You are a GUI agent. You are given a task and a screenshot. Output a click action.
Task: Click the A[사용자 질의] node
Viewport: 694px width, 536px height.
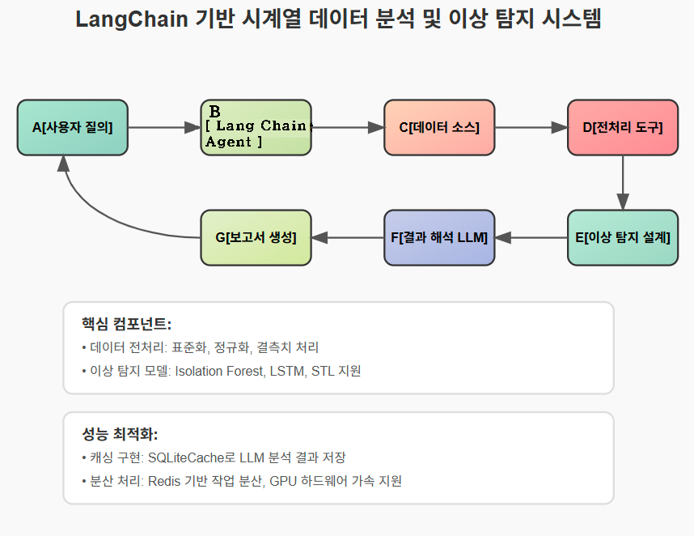coord(73,127)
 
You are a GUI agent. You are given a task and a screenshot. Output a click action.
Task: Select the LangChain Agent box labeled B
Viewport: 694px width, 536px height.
coord(256,127)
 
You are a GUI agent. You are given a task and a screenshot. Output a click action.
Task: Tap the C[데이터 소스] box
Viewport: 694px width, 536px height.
coord(439,127)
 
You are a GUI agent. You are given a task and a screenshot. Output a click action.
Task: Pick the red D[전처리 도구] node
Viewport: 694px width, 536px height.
coord(623,127)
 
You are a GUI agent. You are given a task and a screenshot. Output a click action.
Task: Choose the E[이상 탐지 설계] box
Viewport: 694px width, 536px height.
coord(623,237)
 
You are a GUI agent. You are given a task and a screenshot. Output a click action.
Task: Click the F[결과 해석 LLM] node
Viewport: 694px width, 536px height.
coord(439,237)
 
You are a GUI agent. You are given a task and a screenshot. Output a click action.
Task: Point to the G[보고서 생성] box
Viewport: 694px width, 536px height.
coord(256,237)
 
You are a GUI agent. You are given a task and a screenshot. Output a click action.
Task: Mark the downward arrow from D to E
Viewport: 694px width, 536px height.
coord(623,182)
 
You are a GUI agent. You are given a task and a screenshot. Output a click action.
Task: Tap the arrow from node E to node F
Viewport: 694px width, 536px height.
coord(531,237)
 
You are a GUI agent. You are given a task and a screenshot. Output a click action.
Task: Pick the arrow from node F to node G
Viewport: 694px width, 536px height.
coord(348,237)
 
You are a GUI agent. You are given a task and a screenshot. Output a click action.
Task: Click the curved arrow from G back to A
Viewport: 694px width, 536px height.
coord(89,211)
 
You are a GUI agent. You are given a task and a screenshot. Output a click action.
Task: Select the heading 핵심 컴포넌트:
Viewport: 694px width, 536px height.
coord(126,324)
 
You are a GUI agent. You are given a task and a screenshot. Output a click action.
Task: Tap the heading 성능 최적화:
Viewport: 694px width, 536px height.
coord(120,434)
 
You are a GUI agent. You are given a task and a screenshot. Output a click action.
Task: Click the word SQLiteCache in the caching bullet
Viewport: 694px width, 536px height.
coord(185,457)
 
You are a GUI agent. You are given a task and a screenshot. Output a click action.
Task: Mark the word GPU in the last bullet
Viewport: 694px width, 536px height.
coord(283,481)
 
